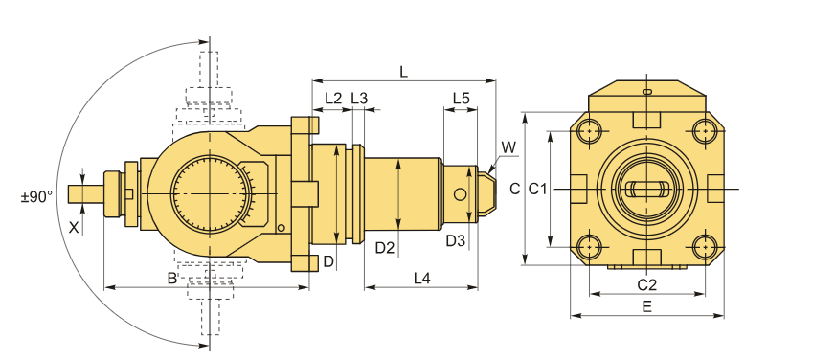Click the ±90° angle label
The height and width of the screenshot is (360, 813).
coord(36,197)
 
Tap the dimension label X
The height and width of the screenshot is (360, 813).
coord(74,227)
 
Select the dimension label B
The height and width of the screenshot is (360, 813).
coord(172,279)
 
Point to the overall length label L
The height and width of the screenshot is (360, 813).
coord(403,72)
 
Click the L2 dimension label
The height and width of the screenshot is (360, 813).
coord(333,98)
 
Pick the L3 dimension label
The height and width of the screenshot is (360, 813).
coord(359,98)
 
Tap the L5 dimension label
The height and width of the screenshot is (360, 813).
coord(461,98)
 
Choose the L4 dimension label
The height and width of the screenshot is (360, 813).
coord(421,279)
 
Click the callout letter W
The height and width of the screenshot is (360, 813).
coord(509,147)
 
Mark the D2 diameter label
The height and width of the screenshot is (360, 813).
coord(385,248)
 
